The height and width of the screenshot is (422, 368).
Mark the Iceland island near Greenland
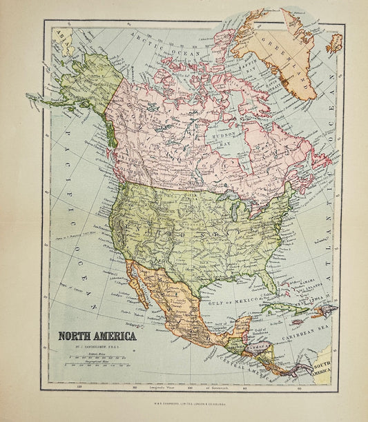tap(334, 43)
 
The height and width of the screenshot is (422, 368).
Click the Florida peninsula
tap(265, 279)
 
